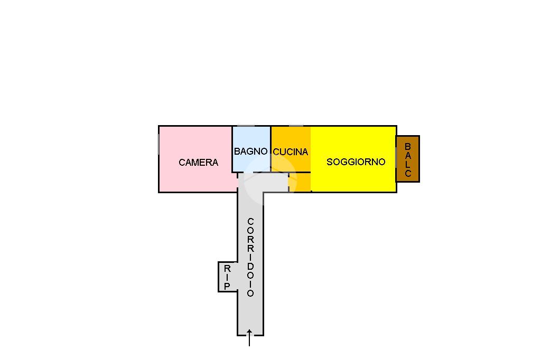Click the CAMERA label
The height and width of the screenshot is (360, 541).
pos(198,163)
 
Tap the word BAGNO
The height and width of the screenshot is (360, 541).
pos(250,151)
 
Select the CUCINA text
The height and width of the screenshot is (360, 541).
pos(290,152)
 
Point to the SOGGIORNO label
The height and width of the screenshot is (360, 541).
pos(356,162)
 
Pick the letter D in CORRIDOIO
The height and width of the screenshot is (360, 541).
pos(250,266)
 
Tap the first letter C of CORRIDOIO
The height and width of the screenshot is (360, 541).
pos(250,221)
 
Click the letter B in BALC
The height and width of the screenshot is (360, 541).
pos(407,146)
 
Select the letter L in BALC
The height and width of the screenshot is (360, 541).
pos(407,164)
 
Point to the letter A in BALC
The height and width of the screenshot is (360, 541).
pos(407,155)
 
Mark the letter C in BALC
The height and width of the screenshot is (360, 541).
pos(407,173)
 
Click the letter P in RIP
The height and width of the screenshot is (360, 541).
pos(227,286)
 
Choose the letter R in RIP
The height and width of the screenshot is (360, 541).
pos(227,268)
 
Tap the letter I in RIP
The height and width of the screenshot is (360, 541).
pos(227,277)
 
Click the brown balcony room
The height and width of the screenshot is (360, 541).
pos(407,159)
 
